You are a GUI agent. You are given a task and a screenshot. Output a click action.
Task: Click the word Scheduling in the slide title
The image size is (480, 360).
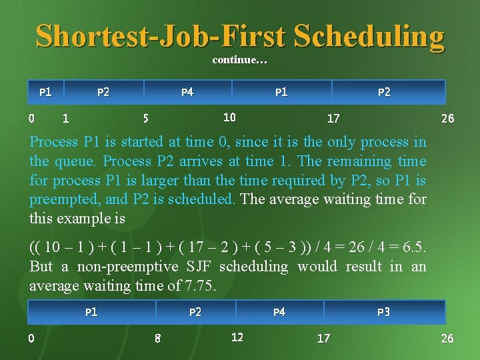(x=368, y=36)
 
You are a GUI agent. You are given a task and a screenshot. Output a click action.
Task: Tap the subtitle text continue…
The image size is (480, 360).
(x=239, y=61)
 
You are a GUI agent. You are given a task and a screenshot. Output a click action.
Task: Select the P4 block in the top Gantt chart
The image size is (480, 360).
(x=187, y=92)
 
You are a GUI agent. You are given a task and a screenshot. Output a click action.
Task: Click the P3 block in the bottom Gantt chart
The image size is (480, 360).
(x=383, y=312)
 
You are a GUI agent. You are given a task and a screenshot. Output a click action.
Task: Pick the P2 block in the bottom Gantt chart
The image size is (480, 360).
(x=195, y=312)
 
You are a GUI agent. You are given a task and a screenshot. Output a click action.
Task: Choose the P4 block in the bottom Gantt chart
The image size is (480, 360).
(x=279, y=312)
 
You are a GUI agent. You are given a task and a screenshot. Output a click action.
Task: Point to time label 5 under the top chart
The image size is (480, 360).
(x=146, y=119)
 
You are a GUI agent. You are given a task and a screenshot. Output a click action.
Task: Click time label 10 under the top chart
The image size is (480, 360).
(x=229, y=117)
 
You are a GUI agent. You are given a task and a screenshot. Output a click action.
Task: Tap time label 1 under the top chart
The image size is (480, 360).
(x=65, y=119)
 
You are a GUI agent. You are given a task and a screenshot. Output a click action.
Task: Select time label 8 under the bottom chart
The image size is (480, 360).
(x=157, y=338)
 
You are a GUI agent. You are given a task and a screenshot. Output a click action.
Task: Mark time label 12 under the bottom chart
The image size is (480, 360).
(x=237, y=337)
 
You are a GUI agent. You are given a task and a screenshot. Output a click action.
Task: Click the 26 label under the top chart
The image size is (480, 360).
(x=448, y=119)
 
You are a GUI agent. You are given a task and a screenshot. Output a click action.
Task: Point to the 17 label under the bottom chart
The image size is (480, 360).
(x=323, y=338)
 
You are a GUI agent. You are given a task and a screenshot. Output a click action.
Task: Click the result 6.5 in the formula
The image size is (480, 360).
(x=413, y=247)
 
